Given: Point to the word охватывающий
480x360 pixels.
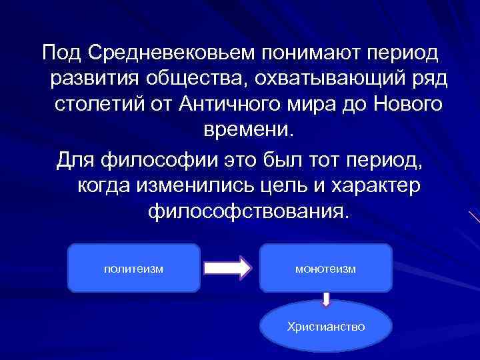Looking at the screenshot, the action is pos(323,79).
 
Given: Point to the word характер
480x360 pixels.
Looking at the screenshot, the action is pos(381,186).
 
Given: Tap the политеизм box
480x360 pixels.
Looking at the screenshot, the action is pos(134,268).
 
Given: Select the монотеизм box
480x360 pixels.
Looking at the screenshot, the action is pos(325,268).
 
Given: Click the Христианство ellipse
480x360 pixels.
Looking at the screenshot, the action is pos(325,327).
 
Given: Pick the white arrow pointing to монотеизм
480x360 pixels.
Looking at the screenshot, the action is pos(227,268).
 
